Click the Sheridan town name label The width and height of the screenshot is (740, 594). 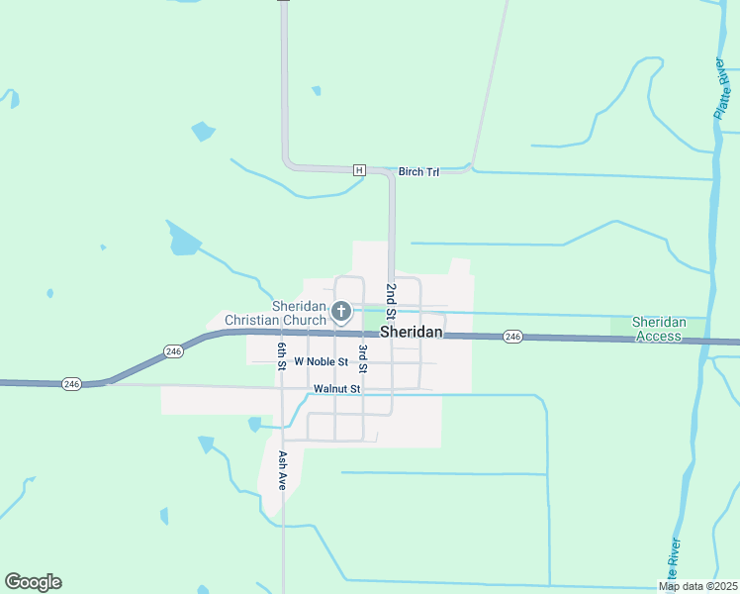coord(411,332)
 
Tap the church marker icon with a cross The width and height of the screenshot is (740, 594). coord(341,313)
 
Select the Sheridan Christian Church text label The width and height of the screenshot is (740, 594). coord(275,313)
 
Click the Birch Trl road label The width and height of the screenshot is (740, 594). coord(418,172)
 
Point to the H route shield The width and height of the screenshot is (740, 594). coord(359,170)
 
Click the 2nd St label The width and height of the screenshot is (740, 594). coord(391,300)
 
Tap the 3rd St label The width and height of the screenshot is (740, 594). coord(363,357)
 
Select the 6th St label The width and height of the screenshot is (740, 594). coord(282,354)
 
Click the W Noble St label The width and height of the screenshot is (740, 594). coord(321,361)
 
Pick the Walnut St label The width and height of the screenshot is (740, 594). coord(336,389)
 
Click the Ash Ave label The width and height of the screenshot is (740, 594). coord(283,471)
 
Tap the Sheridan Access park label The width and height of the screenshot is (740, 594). coord(658,329)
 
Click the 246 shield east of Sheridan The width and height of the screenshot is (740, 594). coord(512,338)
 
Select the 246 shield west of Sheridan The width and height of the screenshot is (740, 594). coord(174,351)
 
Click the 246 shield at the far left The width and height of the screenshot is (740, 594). coord(70,383)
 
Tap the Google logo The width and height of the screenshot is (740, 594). coord(33,582)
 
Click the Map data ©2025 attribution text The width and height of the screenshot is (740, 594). coord(698,586)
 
